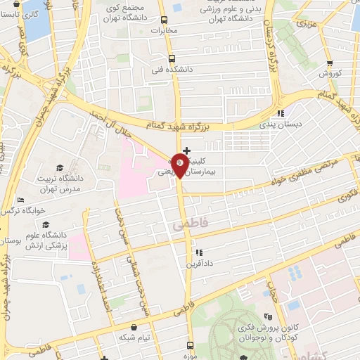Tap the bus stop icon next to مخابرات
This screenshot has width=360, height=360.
[165, 20]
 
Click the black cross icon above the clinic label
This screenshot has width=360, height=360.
[186, 150]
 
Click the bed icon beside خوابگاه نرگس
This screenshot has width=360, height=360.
[19, 199]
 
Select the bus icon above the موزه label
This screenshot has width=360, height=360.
[190, 345]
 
